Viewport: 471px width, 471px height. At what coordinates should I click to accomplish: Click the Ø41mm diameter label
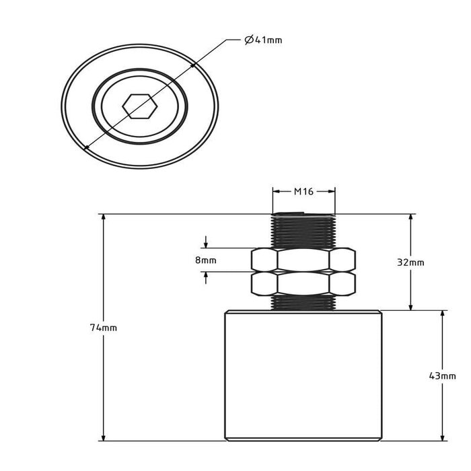tap(263, 40)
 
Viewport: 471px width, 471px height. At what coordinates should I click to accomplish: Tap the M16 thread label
tap(303, 191)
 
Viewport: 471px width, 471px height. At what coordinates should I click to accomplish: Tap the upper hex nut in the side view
tap(303, 260)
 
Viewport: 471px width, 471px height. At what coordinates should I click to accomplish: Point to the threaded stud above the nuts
tap(303, 230)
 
